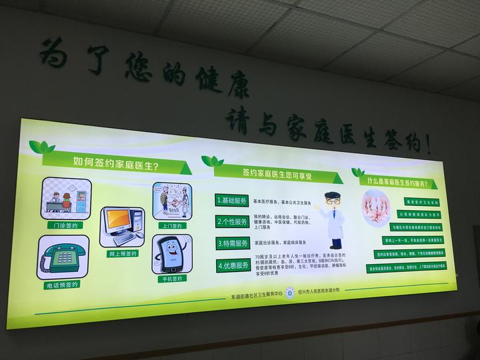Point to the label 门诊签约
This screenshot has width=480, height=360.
65,225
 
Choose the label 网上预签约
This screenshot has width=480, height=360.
122,254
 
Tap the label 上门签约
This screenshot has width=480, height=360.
171,225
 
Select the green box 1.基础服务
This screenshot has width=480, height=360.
232,200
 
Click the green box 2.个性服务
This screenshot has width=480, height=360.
232,222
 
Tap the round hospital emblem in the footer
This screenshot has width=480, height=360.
289,293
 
